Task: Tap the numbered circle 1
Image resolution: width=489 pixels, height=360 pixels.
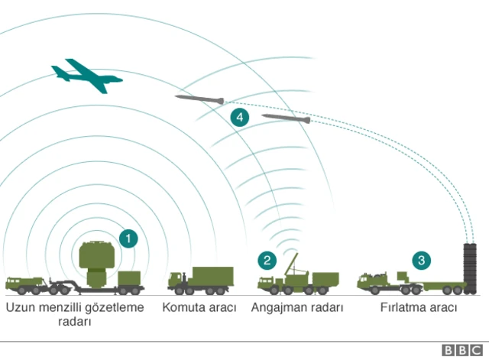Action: (x=129, y=238)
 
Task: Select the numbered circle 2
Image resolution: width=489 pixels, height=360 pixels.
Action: (x=267, y=260)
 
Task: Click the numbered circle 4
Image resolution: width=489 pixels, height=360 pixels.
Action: (x=240, y=117)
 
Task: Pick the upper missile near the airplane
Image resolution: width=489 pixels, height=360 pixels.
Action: (x=199, y=99)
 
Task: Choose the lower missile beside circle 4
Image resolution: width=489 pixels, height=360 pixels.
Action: (x=286, y=118)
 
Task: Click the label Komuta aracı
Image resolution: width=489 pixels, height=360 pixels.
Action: (x=199, y=307)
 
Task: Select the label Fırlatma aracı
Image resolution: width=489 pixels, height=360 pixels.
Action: (x=419, y=307)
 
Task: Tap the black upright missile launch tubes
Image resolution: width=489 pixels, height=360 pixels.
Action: (x=470, y=267)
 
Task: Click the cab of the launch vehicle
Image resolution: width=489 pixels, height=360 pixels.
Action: (x=371, y=281)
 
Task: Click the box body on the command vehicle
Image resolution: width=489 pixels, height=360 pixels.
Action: (x=213, y=276)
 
